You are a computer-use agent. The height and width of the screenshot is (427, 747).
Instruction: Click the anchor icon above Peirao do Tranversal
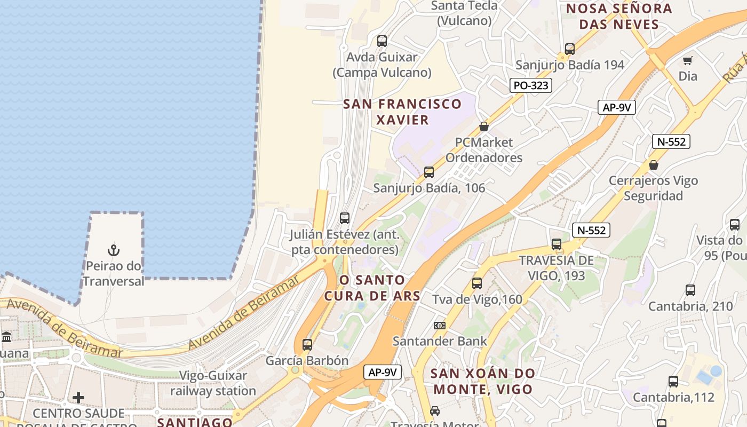coord(114,250)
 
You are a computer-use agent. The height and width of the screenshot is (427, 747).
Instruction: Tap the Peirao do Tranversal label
coord(113,274)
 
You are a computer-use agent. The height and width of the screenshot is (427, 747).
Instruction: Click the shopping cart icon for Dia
coord(688,60)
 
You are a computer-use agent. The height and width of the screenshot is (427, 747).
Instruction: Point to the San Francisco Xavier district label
coord(402,112)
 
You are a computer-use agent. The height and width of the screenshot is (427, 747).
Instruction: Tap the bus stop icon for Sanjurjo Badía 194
coord(570,49)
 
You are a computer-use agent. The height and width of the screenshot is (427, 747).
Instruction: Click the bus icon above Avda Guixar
coord(382,41)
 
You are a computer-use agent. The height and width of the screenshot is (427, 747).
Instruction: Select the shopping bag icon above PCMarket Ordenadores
coord(484,126)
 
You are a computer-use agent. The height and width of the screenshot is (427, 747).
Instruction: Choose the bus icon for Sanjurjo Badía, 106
coord(429,172)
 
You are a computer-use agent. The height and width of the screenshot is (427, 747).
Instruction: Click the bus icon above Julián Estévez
coord(345,218)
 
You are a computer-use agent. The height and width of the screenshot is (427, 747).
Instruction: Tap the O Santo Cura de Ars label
coord(379,288)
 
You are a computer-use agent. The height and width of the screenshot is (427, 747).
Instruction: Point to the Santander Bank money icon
coord(440,325)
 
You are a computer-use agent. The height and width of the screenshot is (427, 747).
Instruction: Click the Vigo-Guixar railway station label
coord(213,383)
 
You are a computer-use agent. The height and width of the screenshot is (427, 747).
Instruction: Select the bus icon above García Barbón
coord(307,345)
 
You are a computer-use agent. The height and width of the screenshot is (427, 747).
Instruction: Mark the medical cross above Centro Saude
coord(78,398)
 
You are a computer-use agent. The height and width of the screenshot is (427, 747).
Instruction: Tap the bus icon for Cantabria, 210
coord(690,291)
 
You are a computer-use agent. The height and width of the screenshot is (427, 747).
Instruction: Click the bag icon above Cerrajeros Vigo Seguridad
coord(654,165)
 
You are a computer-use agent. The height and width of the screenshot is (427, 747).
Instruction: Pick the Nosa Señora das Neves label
coord(619,17)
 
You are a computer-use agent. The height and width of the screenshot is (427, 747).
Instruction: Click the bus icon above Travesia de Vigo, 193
coord(557,244)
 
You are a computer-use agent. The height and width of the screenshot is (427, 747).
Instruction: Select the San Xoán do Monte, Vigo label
coord(483,381)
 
